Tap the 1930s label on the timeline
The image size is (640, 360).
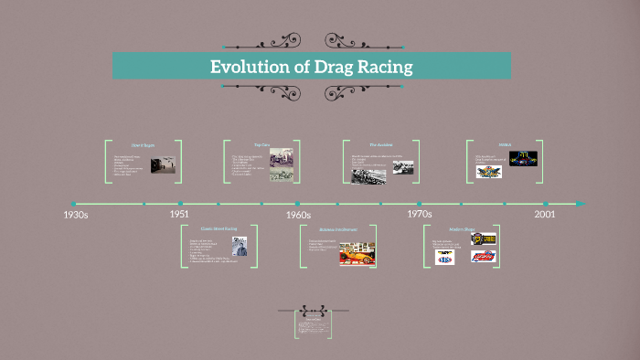75,215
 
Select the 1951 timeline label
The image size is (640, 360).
180,214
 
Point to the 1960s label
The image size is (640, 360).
297,215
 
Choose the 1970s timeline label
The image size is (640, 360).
419,214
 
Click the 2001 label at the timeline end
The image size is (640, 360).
545,214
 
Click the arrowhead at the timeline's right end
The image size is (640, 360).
580,203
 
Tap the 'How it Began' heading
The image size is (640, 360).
144,145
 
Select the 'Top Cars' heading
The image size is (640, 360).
261,144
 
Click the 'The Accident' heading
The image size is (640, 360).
380,144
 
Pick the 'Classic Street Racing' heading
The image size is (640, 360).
219,228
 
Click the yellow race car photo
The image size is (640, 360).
357,253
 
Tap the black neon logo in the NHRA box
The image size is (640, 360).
523,158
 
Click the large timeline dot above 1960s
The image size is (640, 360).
297,203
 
